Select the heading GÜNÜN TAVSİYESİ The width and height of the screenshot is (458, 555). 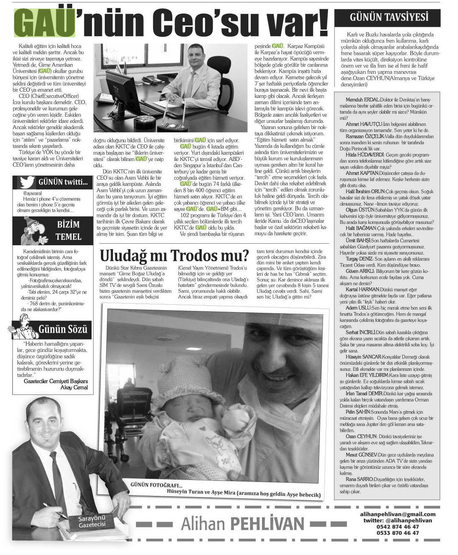point(389,17)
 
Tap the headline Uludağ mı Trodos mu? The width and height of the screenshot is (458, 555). point(174,255)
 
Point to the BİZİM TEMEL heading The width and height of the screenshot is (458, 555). point(68,230)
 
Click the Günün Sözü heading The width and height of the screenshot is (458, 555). point(62,329)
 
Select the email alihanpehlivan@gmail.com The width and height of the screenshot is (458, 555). point(398,514)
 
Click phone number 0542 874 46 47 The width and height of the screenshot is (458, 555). point(398,527)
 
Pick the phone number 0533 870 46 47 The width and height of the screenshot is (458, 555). point(398,533)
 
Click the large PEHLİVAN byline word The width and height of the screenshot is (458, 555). point(267,524)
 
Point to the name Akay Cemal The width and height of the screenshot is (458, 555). point(74,387)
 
